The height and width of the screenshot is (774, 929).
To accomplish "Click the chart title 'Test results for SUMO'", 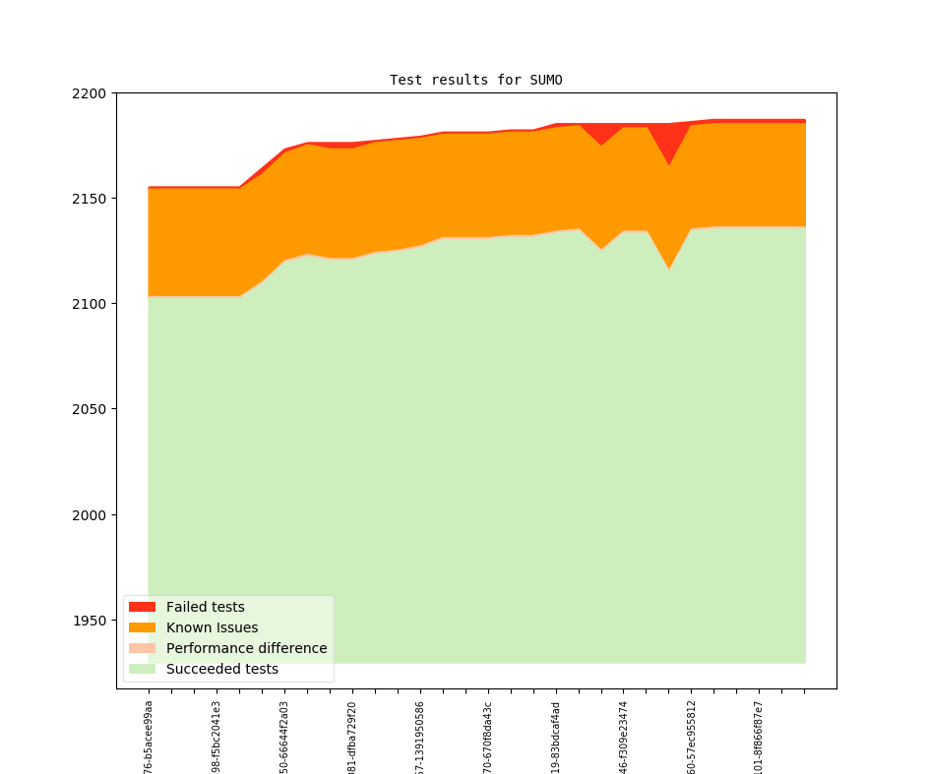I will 475,80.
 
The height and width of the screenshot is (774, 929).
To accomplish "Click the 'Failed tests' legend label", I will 205,607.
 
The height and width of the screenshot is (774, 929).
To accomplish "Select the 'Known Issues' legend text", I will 212,627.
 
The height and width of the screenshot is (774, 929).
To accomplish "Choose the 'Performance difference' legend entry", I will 246,648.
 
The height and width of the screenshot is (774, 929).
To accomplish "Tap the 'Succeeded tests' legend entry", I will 221,669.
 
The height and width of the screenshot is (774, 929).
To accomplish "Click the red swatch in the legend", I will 142,607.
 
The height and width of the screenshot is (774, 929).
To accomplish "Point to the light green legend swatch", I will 142,669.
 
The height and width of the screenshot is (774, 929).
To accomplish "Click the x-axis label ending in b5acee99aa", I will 149,737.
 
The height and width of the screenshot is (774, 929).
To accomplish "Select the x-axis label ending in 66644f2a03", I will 284,737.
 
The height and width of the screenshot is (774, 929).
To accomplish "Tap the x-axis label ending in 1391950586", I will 420,737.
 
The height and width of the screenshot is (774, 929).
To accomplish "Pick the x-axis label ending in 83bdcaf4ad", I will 556,737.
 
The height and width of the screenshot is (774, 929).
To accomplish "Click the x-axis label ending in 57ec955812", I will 692,737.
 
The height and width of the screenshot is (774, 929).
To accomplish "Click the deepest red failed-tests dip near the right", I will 669,148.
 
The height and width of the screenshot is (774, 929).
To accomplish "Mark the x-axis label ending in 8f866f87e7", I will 759,737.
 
